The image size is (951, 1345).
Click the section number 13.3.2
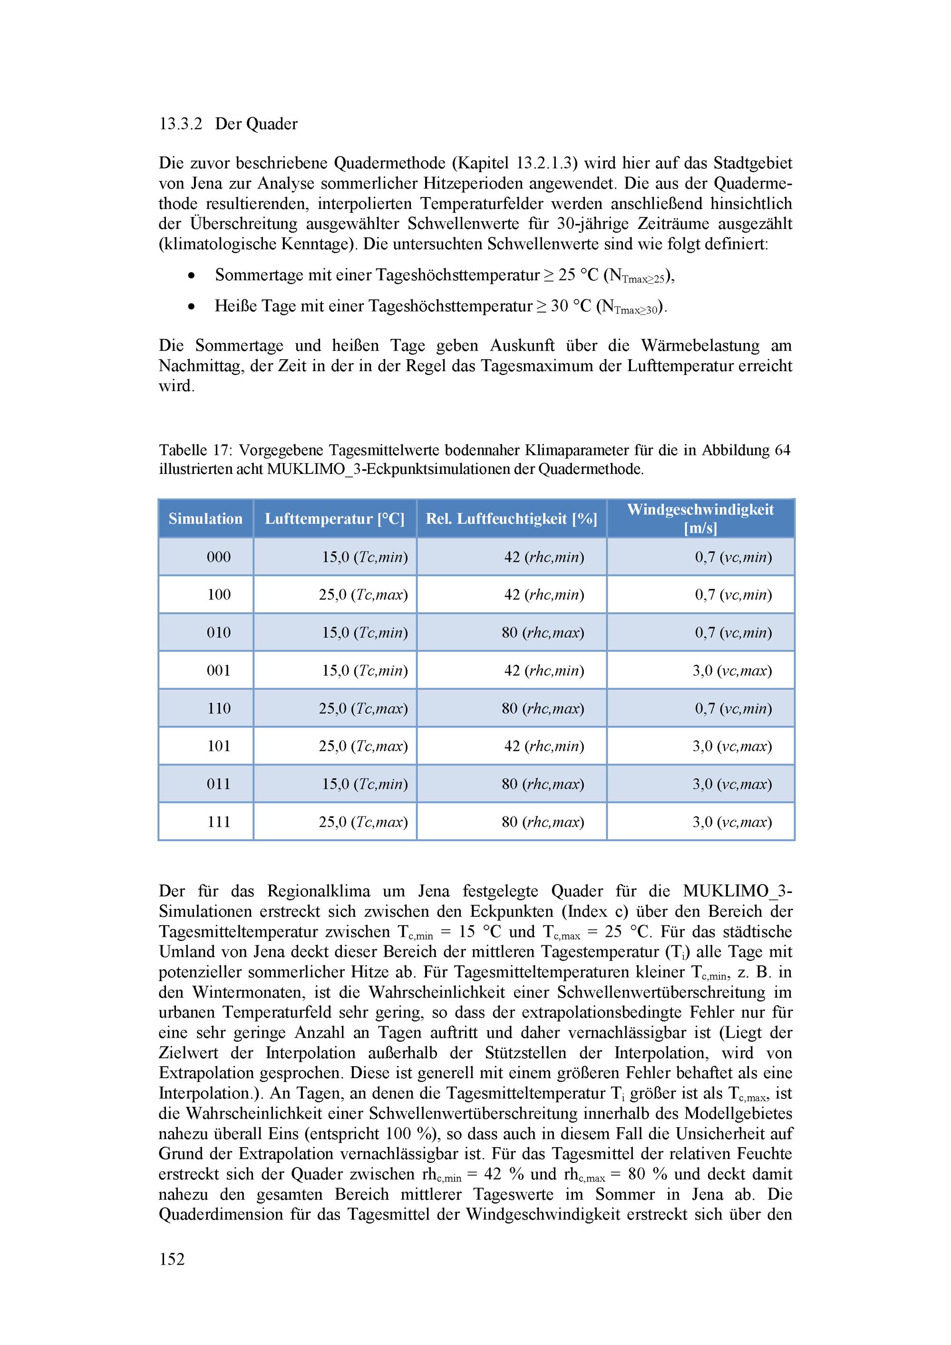coord(180,124)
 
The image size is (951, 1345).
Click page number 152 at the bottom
coord(172,1259)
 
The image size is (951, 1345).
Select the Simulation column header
coord(205,519)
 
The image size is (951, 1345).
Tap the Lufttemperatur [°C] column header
coord(334,519)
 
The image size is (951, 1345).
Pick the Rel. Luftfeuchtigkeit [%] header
coord(511,519)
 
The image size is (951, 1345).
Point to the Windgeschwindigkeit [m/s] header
coord(700,519)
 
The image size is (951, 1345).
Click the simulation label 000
coord(218,557)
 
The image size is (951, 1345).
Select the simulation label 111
coord(218,822)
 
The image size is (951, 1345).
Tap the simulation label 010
coord(218,633)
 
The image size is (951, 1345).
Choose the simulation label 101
coord(218,746)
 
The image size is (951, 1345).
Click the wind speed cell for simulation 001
coord(732,671)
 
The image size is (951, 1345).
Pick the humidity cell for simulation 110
coord(543,709)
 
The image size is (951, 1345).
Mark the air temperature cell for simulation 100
coord(363,595)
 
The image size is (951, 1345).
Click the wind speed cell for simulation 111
coord(732,822)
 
